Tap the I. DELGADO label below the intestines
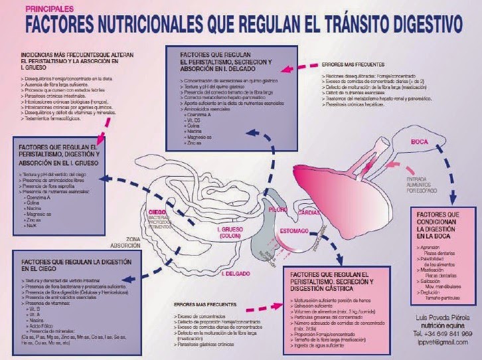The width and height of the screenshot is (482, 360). point(234,272)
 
